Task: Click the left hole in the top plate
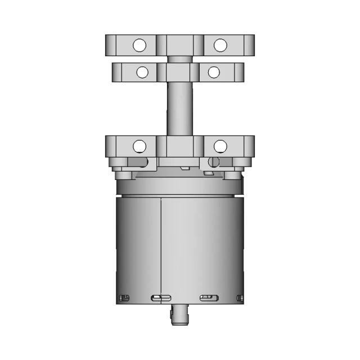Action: pyautogui.click(x=139, y=44)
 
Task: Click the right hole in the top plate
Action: pyautogui.click(x=220, y=44)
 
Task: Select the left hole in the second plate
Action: pyautogui.click(x=143, y=72)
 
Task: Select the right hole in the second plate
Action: pyautogui.click(x=213, y=72)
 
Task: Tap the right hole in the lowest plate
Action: pyautogui.click(x=220, y=146)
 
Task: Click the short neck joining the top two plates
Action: pyautogui.click(x=179, y=58)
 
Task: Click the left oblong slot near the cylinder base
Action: pyautogui.click(x=161, y=298)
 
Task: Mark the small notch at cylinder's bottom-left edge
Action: pyautogui.click(x=121, y=298)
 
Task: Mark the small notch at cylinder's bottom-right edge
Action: pyautogui.click(x=241, y=298)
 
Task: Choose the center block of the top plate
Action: pyautogui.click(x=179, y=44)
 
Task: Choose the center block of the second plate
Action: pyautogui.click(x=179, y=72)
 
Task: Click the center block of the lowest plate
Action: pyautogui.click(x=179, y=146)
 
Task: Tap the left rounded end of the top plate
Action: pyautogui.click(x=110, y=44)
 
